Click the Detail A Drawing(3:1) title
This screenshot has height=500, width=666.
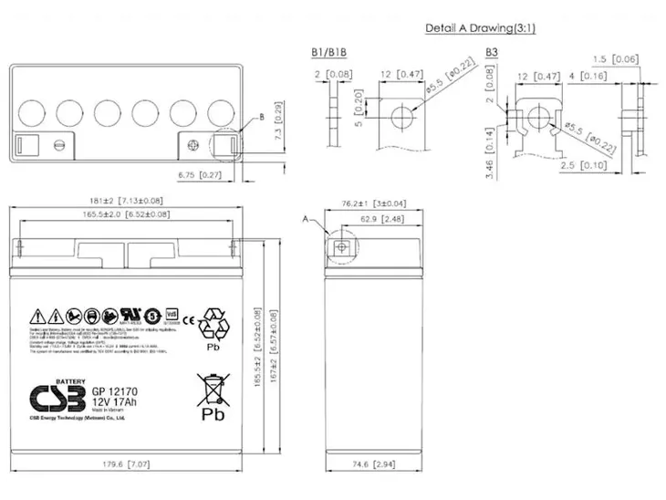point(480,28)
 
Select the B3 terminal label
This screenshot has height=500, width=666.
point(493,54)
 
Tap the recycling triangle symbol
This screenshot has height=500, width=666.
point(217,325)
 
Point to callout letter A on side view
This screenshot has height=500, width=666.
point(305,219)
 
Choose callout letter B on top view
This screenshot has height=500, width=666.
point(261,118)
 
